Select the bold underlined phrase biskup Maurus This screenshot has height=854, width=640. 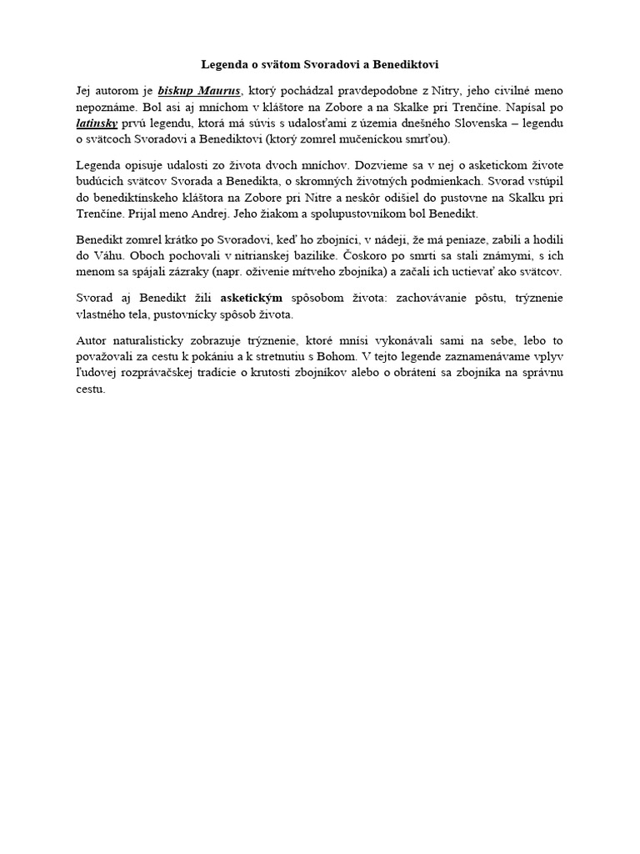pyautogui.click(x=199, y=89)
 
